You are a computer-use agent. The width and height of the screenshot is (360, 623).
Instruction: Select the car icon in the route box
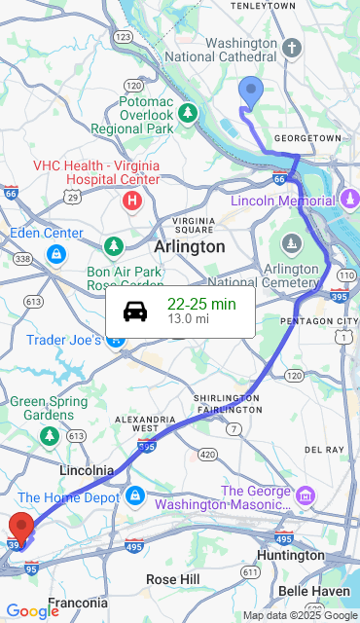tap(135, 311)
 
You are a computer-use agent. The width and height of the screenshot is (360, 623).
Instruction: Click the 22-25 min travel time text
tap(201, 304)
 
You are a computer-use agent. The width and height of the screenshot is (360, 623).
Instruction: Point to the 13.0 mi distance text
tap(188, 318)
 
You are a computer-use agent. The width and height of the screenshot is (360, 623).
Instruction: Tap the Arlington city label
tap(189, 247)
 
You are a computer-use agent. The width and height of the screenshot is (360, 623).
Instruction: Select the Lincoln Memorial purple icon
tap(350, 201)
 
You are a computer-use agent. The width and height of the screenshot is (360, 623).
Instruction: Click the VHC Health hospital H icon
tap(132, 202)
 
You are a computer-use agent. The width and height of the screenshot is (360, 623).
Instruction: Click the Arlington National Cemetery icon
tap(291, 243)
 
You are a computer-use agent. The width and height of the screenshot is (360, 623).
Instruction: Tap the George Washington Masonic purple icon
tap(306, 496)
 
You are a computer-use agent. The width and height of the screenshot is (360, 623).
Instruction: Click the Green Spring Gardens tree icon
tap(49, 435)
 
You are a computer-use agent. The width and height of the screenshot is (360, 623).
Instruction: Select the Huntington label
tap(289, 555)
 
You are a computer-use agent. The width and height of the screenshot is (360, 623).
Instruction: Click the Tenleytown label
tap(262, 6)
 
